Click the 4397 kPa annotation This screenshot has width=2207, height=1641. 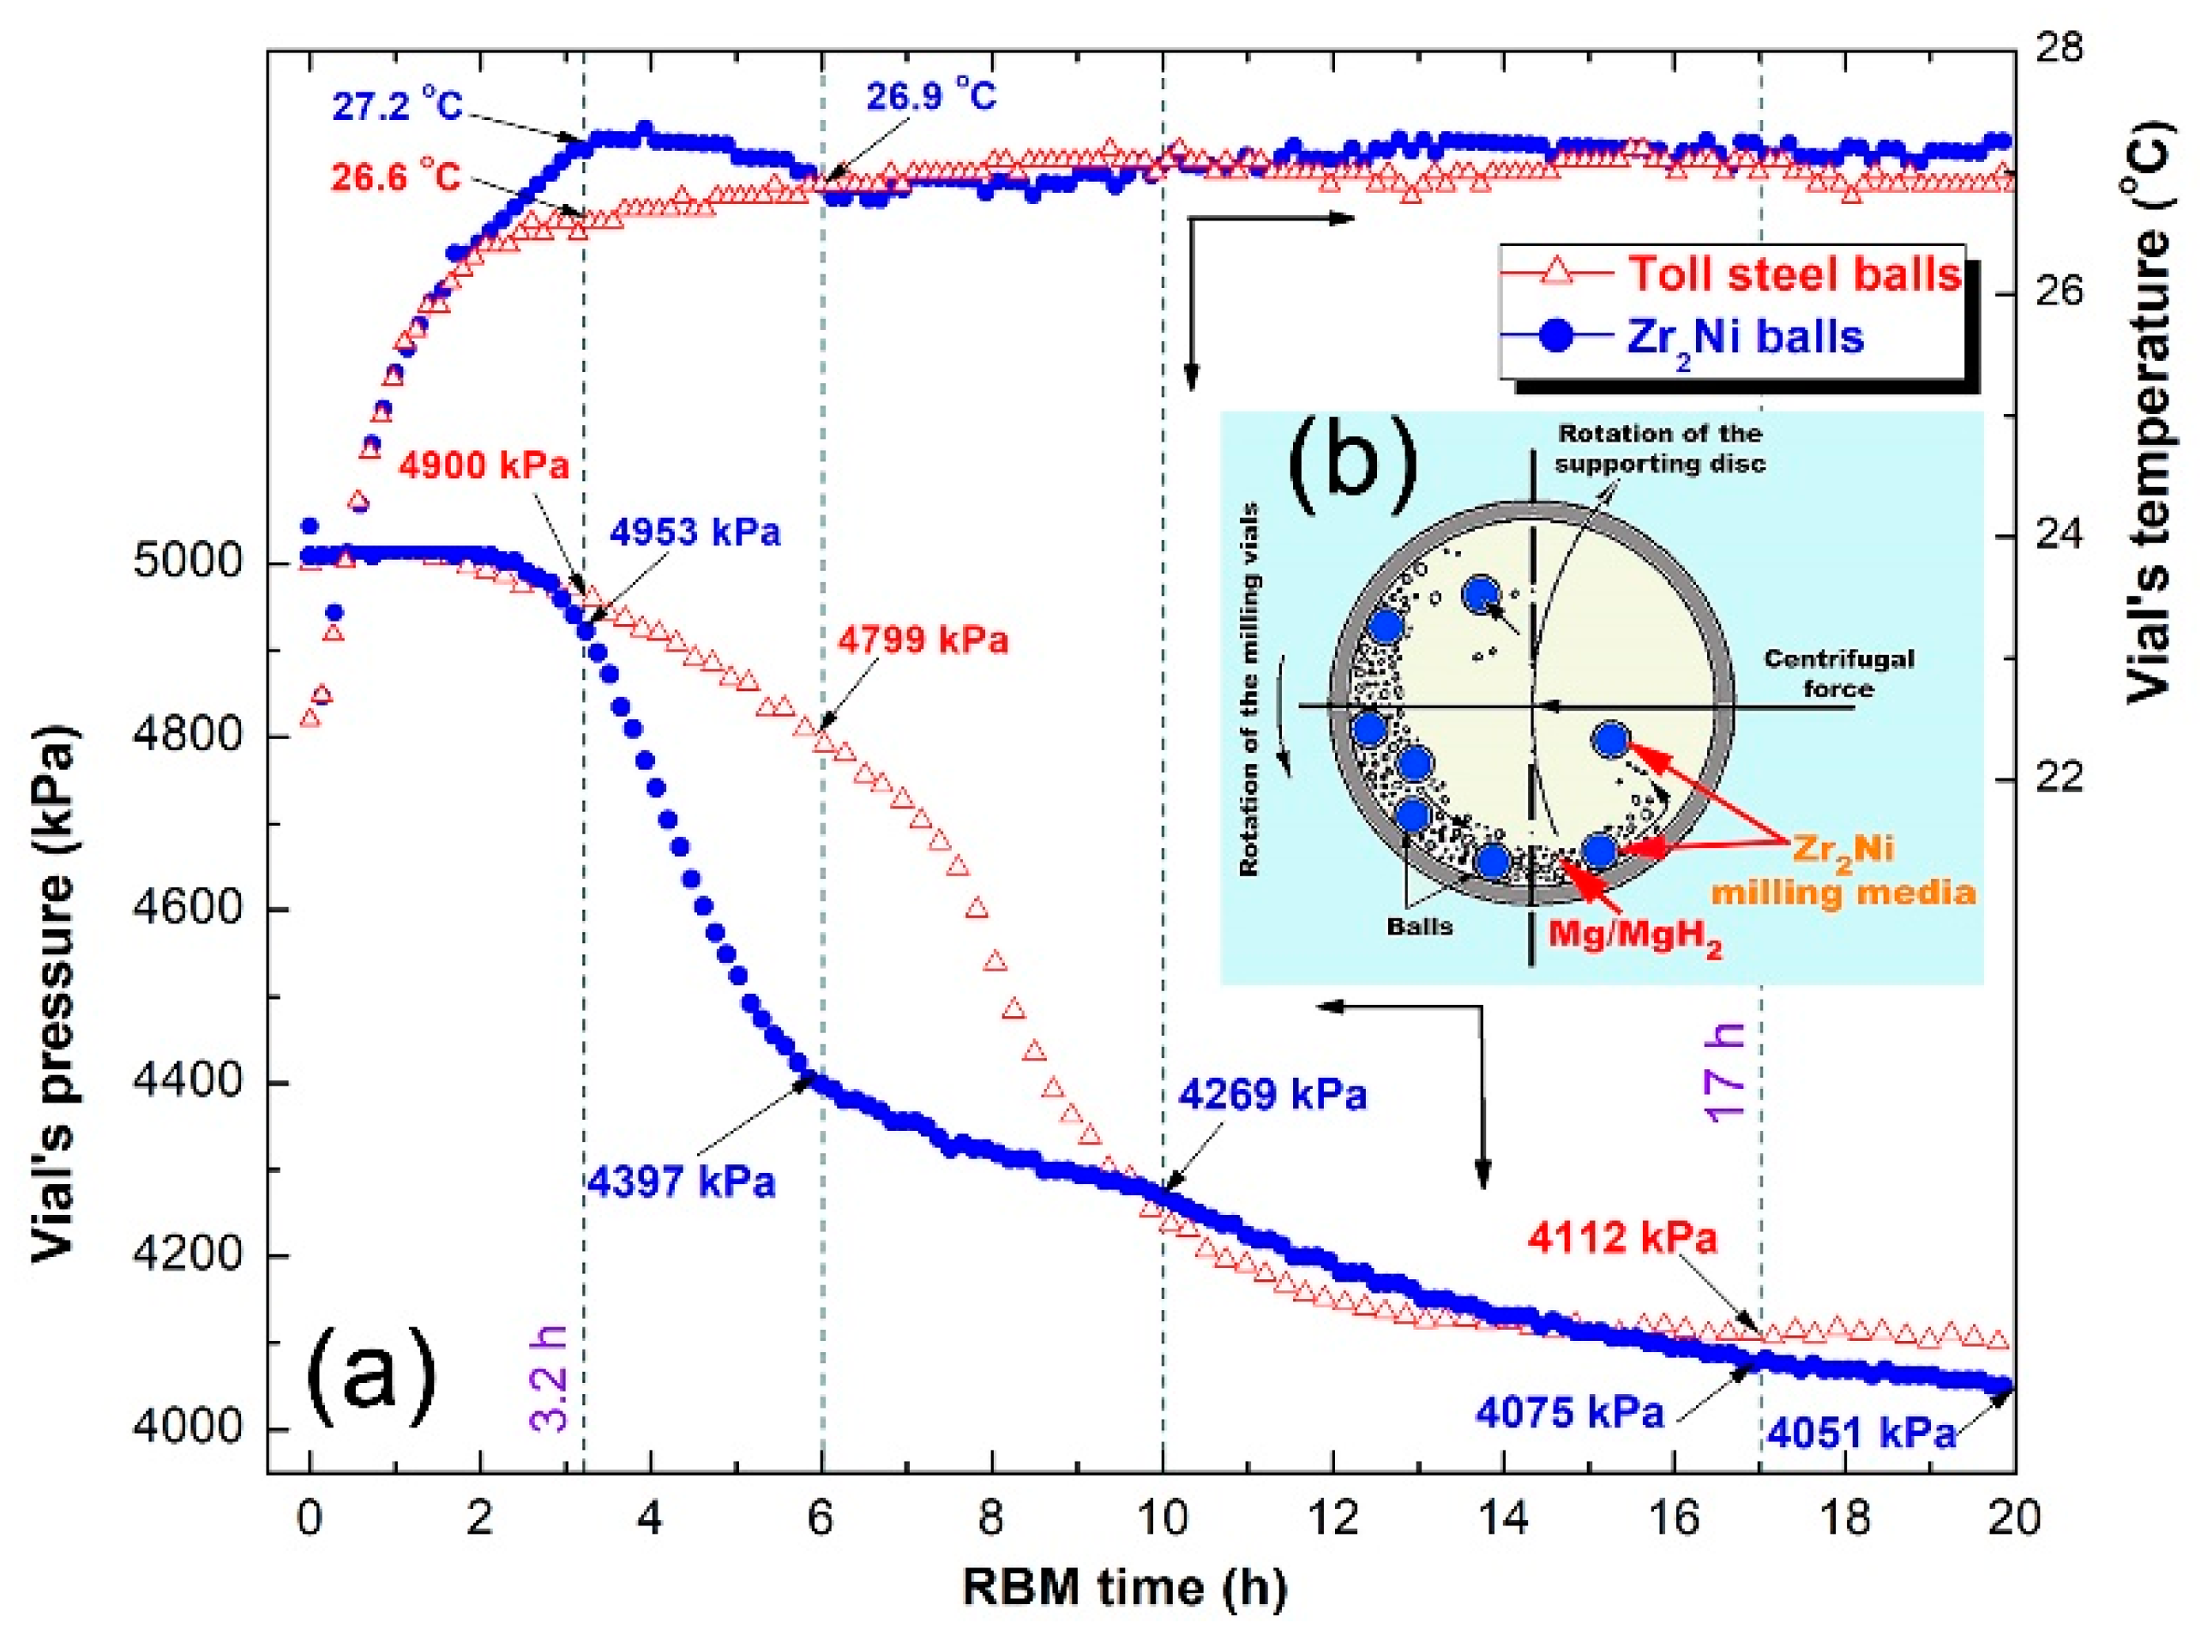(681, 1182)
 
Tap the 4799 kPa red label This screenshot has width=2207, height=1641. (923, 640)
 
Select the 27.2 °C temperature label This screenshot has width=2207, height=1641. (397, 106)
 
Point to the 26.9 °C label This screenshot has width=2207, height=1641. (930, 96)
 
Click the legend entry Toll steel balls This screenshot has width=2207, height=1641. (1793, 274)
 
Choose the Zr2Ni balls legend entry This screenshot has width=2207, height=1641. (1744, 338)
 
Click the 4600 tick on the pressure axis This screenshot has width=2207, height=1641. (187, 909)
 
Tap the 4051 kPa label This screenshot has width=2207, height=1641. (1861, 1433)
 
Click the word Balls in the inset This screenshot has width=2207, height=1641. (1419, 927)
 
